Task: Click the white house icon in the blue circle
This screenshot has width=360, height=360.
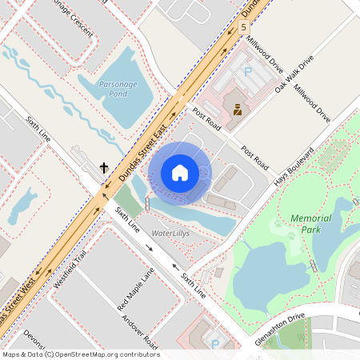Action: coord(180,172)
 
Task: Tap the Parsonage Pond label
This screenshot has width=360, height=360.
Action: coord(113,88)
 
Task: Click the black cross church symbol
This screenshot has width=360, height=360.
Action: coord(103,168)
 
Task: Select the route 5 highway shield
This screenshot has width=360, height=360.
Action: coord(242,27)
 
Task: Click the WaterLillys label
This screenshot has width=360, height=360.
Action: coord(174,233)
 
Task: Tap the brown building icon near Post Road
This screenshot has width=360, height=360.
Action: coord(238,109)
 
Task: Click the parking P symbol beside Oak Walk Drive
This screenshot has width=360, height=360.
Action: coord(247,72)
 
